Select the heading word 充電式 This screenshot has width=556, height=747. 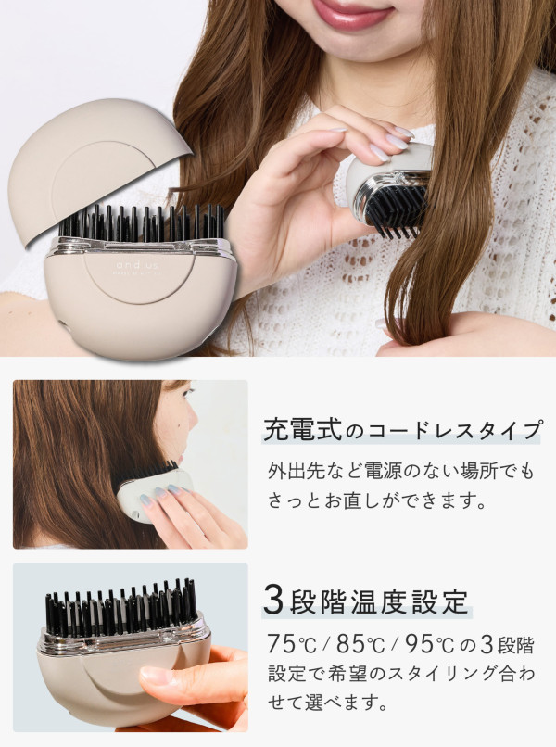pos(303,430)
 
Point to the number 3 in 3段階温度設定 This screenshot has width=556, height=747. pos(274,601)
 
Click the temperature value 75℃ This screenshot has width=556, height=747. pos(292,645)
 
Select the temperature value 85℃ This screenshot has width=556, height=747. pos(360,645)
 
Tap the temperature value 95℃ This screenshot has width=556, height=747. pos(429,645)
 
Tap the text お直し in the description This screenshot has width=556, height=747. pos(349,500)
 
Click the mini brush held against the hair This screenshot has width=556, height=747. pos(388,188)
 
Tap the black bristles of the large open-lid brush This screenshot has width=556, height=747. pos(142,222)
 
